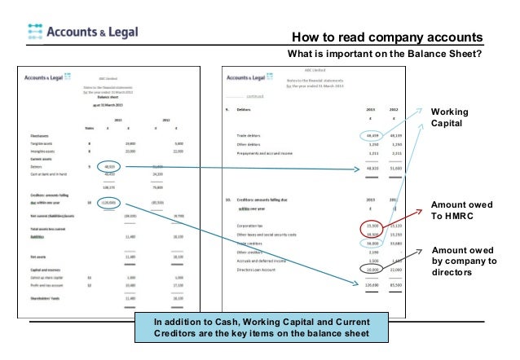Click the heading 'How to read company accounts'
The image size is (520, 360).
[386, 38]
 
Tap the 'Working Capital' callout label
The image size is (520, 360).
[447, 117]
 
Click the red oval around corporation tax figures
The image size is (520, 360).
[373, 226]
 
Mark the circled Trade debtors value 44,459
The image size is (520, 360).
[373, 135]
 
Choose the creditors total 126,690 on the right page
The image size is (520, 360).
[372, 285]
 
